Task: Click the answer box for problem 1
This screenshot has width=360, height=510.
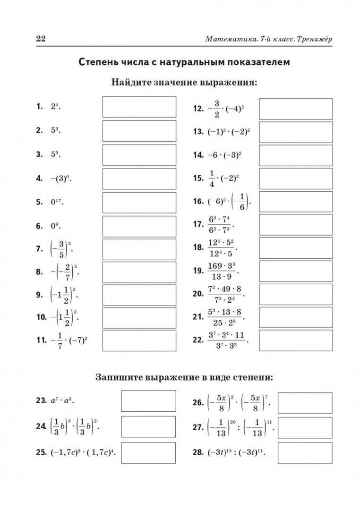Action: (x=139, y=107)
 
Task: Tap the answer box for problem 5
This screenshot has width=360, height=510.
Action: (x=139, y=202)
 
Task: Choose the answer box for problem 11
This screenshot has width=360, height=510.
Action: (x=139, y=340)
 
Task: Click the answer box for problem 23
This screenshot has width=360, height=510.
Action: (x=148, y=400)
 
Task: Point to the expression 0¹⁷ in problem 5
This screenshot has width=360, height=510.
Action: (x=57, y=202)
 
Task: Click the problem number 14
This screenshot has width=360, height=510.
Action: (x=198, y=154)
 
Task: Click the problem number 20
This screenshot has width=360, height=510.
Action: (x=198, y=294)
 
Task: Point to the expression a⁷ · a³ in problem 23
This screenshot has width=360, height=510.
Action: (x=62, y=400)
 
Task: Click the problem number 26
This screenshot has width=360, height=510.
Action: (x=198, y=403)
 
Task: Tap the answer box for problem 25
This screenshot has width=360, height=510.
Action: (x=148, y=452)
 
